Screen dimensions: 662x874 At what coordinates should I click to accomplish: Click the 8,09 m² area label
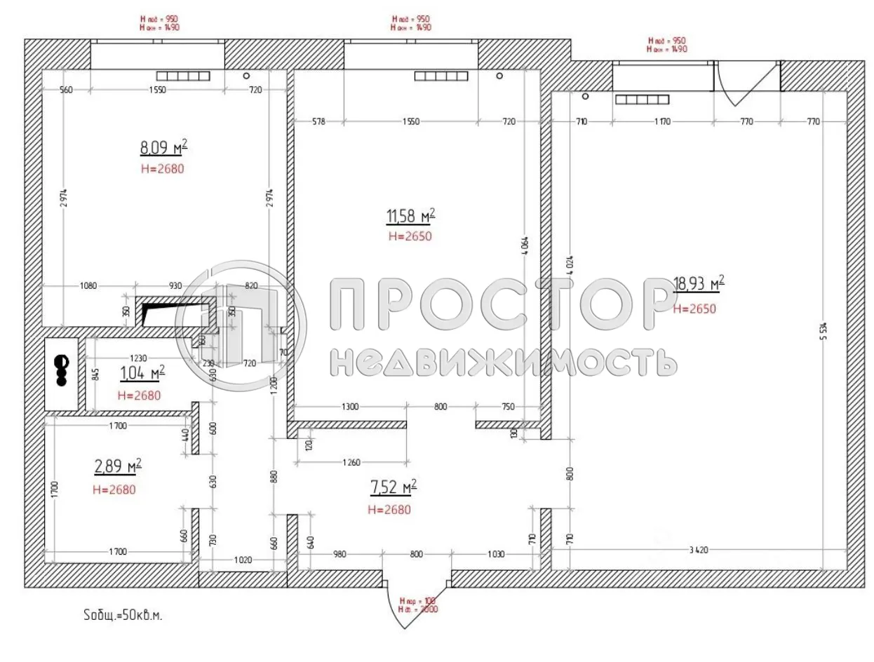coord(164,147)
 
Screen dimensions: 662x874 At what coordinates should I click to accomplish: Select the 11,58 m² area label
coord(410,215)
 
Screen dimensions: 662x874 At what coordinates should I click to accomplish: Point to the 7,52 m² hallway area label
coord(392,486)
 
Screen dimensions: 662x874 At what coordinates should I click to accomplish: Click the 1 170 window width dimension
coord(662,122)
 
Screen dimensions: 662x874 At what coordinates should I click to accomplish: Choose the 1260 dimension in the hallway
coord(351,463)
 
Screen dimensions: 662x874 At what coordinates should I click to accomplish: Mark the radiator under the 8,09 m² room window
coord(183,76)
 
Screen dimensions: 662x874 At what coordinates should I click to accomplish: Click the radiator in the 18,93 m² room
coord(642,100)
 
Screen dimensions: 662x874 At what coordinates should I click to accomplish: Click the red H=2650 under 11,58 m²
coord(410,236)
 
